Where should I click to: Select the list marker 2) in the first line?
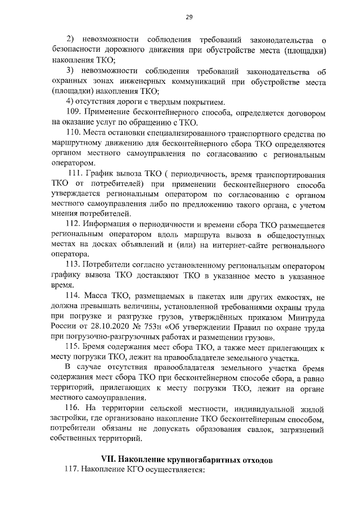[71, 39]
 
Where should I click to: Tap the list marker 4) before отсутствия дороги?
[70, 102]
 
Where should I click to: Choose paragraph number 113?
[74, 264]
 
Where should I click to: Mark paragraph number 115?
[74, 348]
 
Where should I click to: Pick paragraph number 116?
[74, 407]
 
